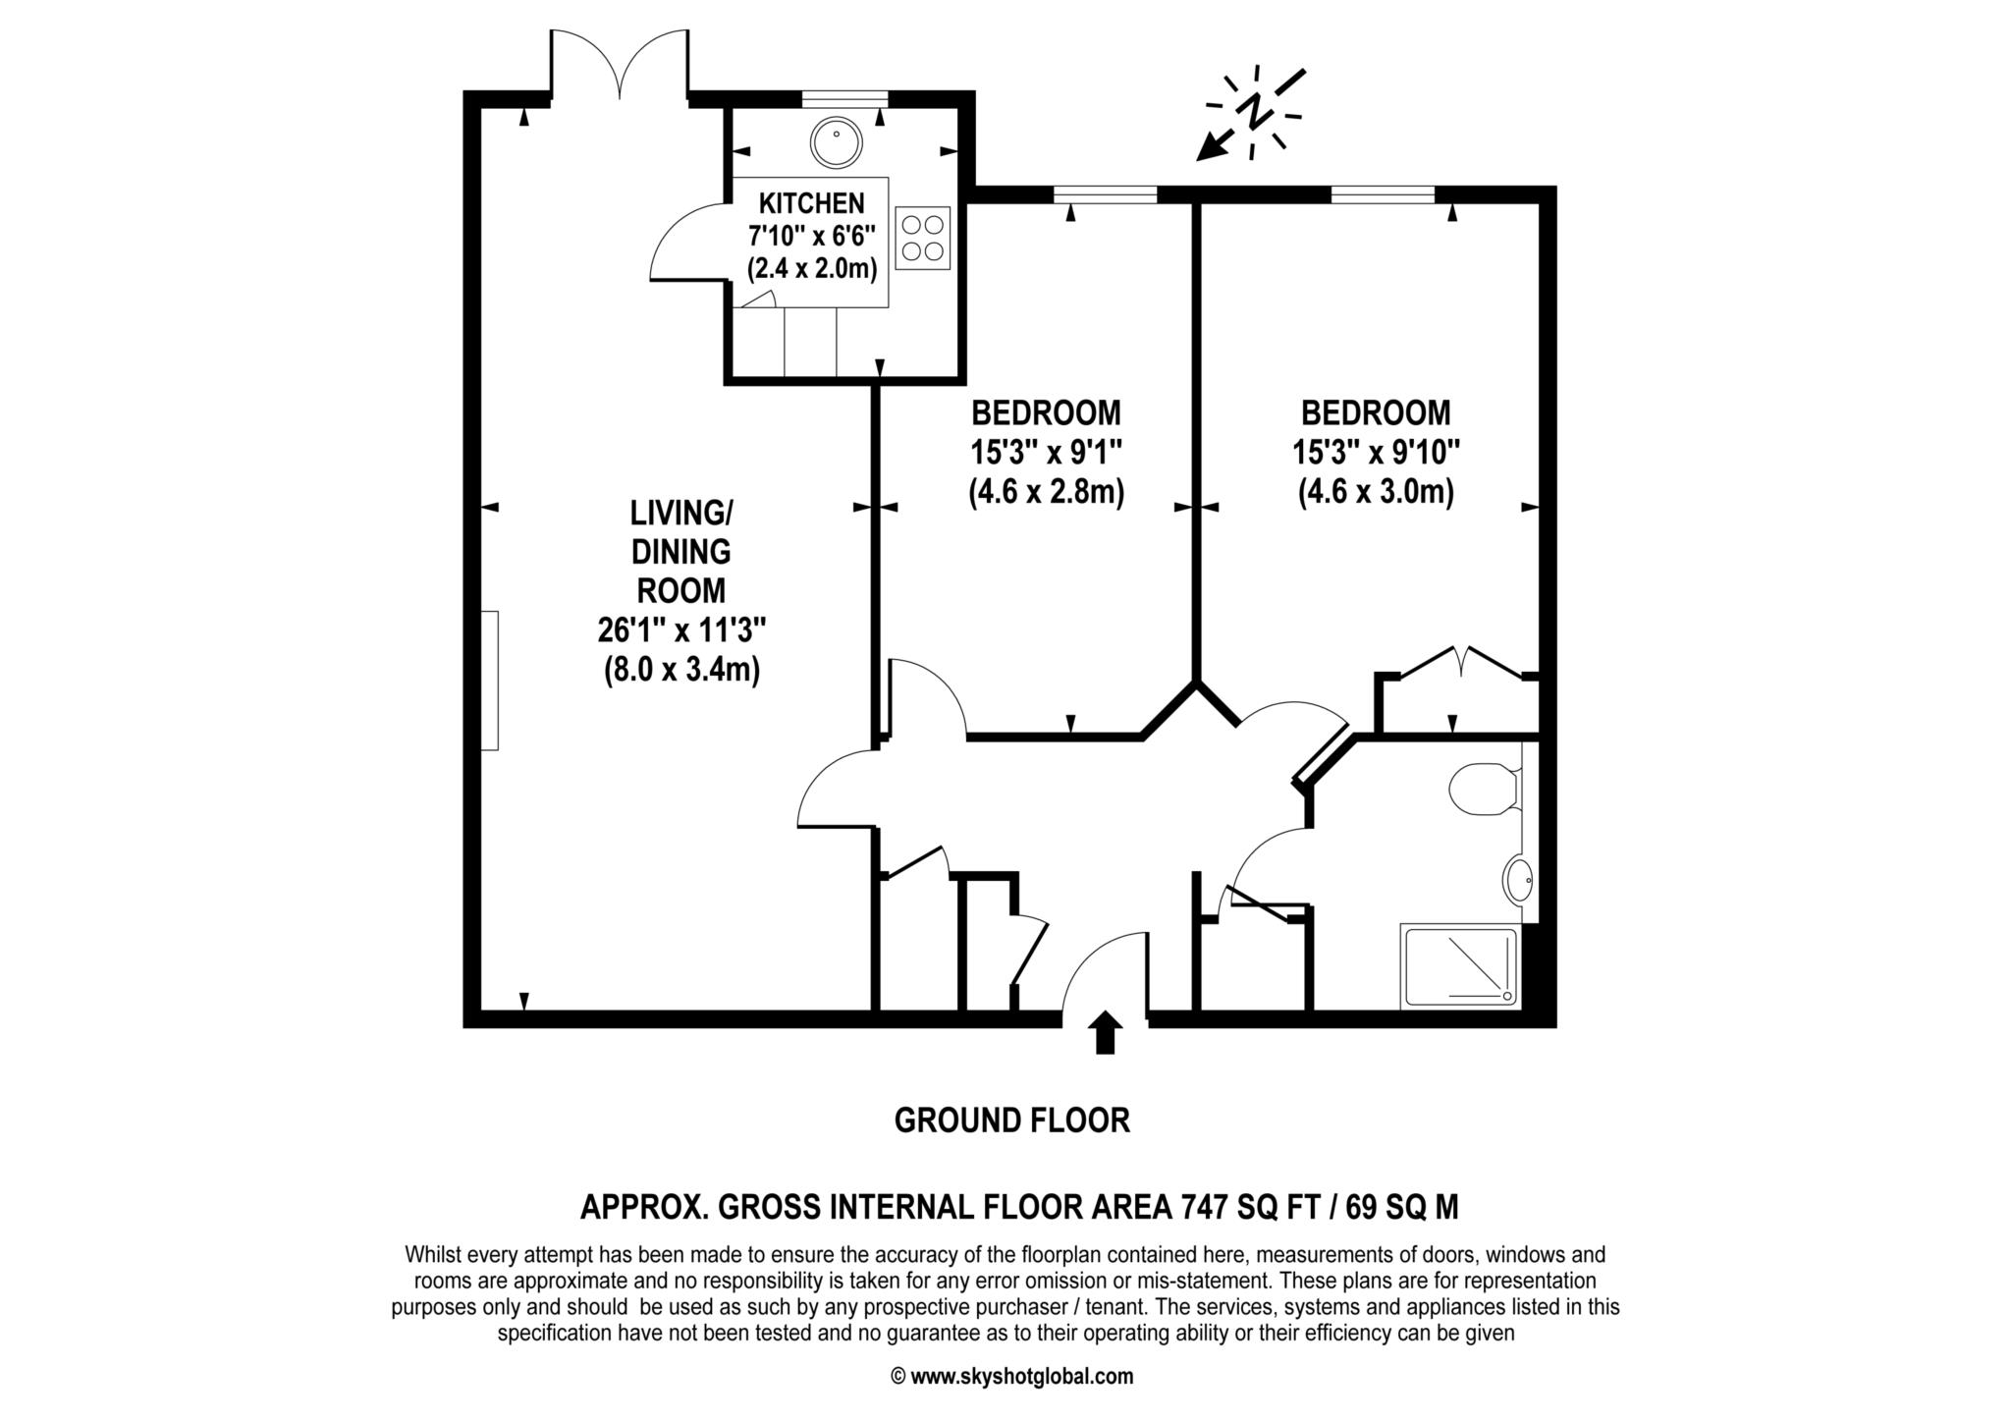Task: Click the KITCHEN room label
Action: pyautogui.click(x=811, y=203)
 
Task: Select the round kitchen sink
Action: pyautogui.click(x=836, y=143)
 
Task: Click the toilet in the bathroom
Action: pyautogui.click(x=1484, y=790)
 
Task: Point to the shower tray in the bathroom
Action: pyautogui.click(x=1459, y=966)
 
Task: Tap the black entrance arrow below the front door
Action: pyautogui.click(x=1106, y=1032)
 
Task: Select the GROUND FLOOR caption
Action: pyautogui.click(x=1011, y=1121)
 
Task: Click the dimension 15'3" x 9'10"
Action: pyautogui.click(x=1376, y=453)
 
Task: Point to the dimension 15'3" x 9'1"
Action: pyautogui.click(x=1046, y=453)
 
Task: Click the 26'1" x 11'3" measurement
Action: pyautogui.click(x=681, y=629)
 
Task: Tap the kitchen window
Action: pyautogui.click(x=845, y=98)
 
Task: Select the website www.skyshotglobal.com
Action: pyautogui.click(x=1011, y=1377)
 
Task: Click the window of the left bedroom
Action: pyautogui.click(x=1105, y=194)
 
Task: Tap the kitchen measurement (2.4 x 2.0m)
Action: pyautogui.click(x=811, y=268)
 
